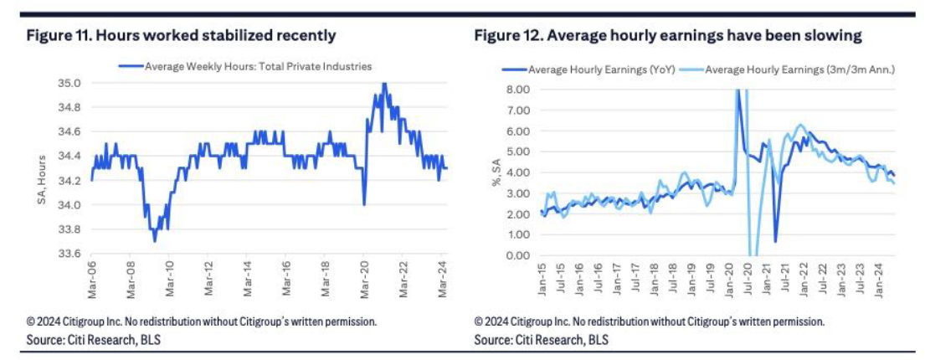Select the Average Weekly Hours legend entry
(247, 65)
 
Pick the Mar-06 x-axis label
(91, 277)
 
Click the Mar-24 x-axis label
(441, 277)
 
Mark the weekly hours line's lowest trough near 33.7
(154, 241)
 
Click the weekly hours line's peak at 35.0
(383, 83)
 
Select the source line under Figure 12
(541, 340)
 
